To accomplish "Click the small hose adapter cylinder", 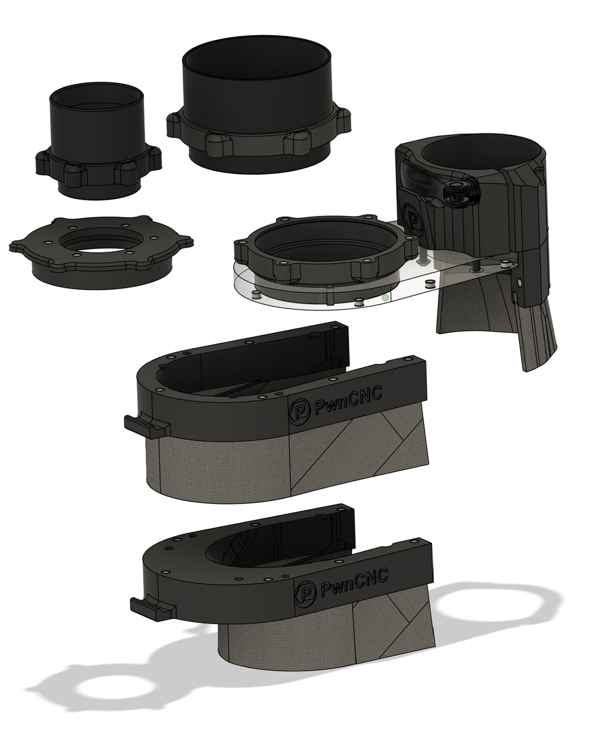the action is click(97, 141).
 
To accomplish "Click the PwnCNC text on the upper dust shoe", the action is click(348, 400).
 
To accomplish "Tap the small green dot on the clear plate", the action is click(386, 298).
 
